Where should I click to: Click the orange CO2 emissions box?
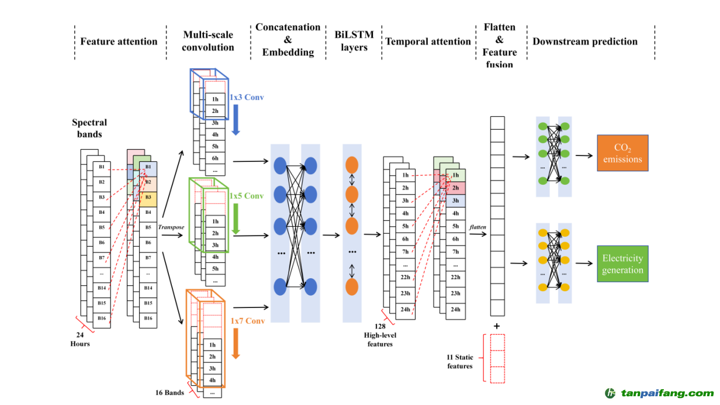pyautogui.click(x=622, y=153)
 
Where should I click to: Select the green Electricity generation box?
pyautogui.click(x=622, y=264)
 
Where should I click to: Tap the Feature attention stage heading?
pyautogui.click(x=119, y=41)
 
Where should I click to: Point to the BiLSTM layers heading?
pyautogui.click(x=354, y=41)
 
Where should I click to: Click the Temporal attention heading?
pyautogui.click(x=428, y=41)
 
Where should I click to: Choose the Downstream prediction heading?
pyautogui.click(x=585, y=41)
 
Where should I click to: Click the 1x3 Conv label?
pyautogui.click(x=247, y=97)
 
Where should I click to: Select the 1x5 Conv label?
pyautogui.click(x=247, y=196)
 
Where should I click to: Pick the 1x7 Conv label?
pyautogui.click(x=248, y=321)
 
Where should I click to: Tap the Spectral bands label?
pyautogui.click(x=89, y=128)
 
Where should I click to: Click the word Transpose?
pyautogui.click(x=171, y=227)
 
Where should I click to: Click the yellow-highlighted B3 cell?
pyautogui.click(x=148, y=197)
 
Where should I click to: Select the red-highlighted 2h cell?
pyautogui.click(x=455, y=188)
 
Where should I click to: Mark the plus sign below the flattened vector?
pyautogui.click(x=497, y=326)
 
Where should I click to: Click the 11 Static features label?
pyautogui.click(x=460, y=361)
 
